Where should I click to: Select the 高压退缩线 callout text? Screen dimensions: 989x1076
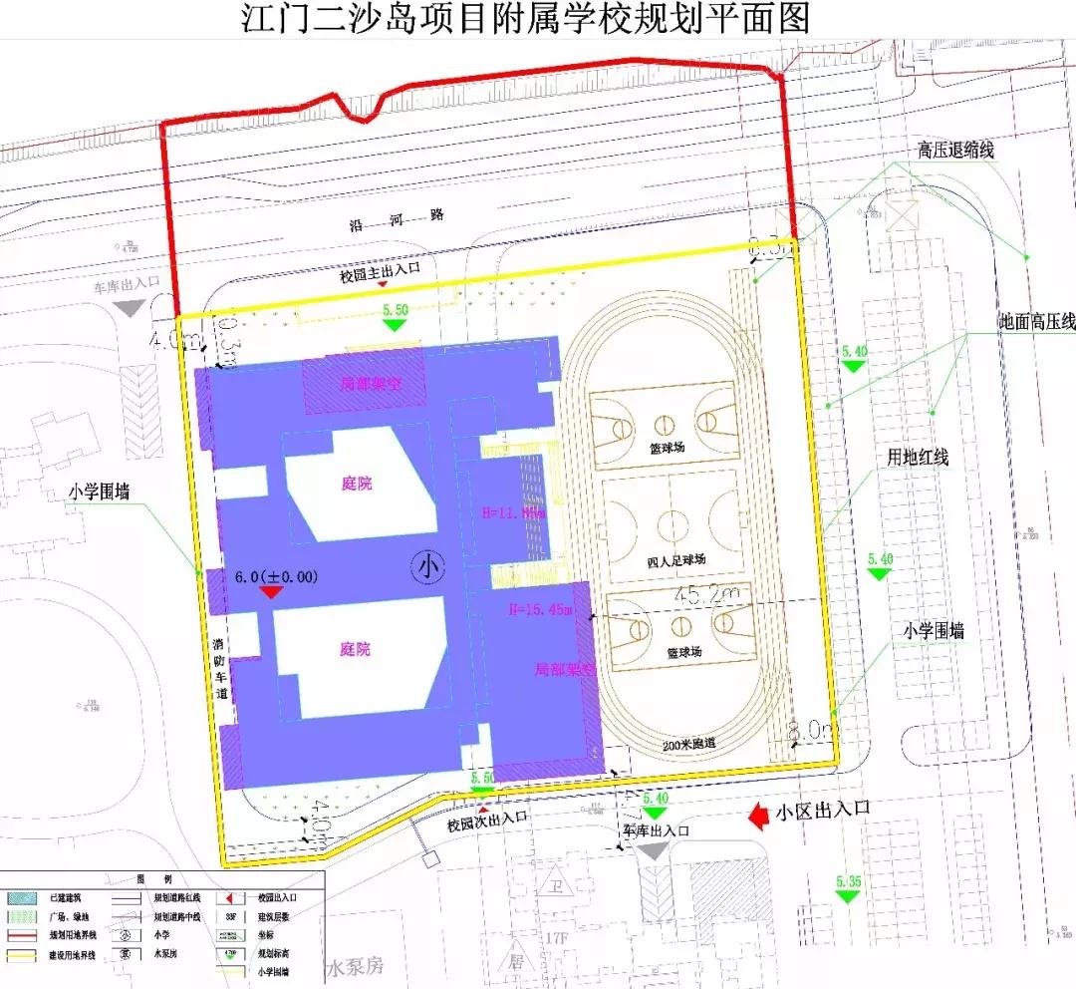[955, 151]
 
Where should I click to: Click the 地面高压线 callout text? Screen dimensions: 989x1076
[1037, 322]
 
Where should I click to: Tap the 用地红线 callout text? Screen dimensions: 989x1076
[919, 458]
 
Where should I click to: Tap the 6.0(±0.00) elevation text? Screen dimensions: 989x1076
[276, 576]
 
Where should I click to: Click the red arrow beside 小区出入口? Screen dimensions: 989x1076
[759, 817]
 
